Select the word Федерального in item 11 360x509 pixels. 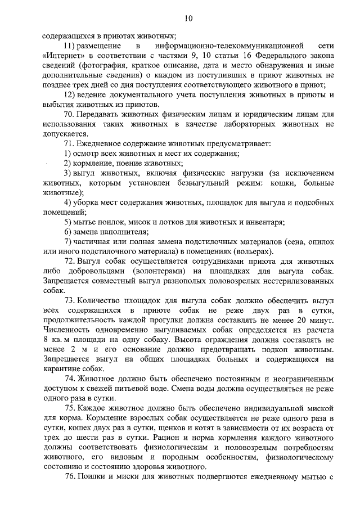pos(249,56)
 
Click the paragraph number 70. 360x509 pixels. pos(70,114)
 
